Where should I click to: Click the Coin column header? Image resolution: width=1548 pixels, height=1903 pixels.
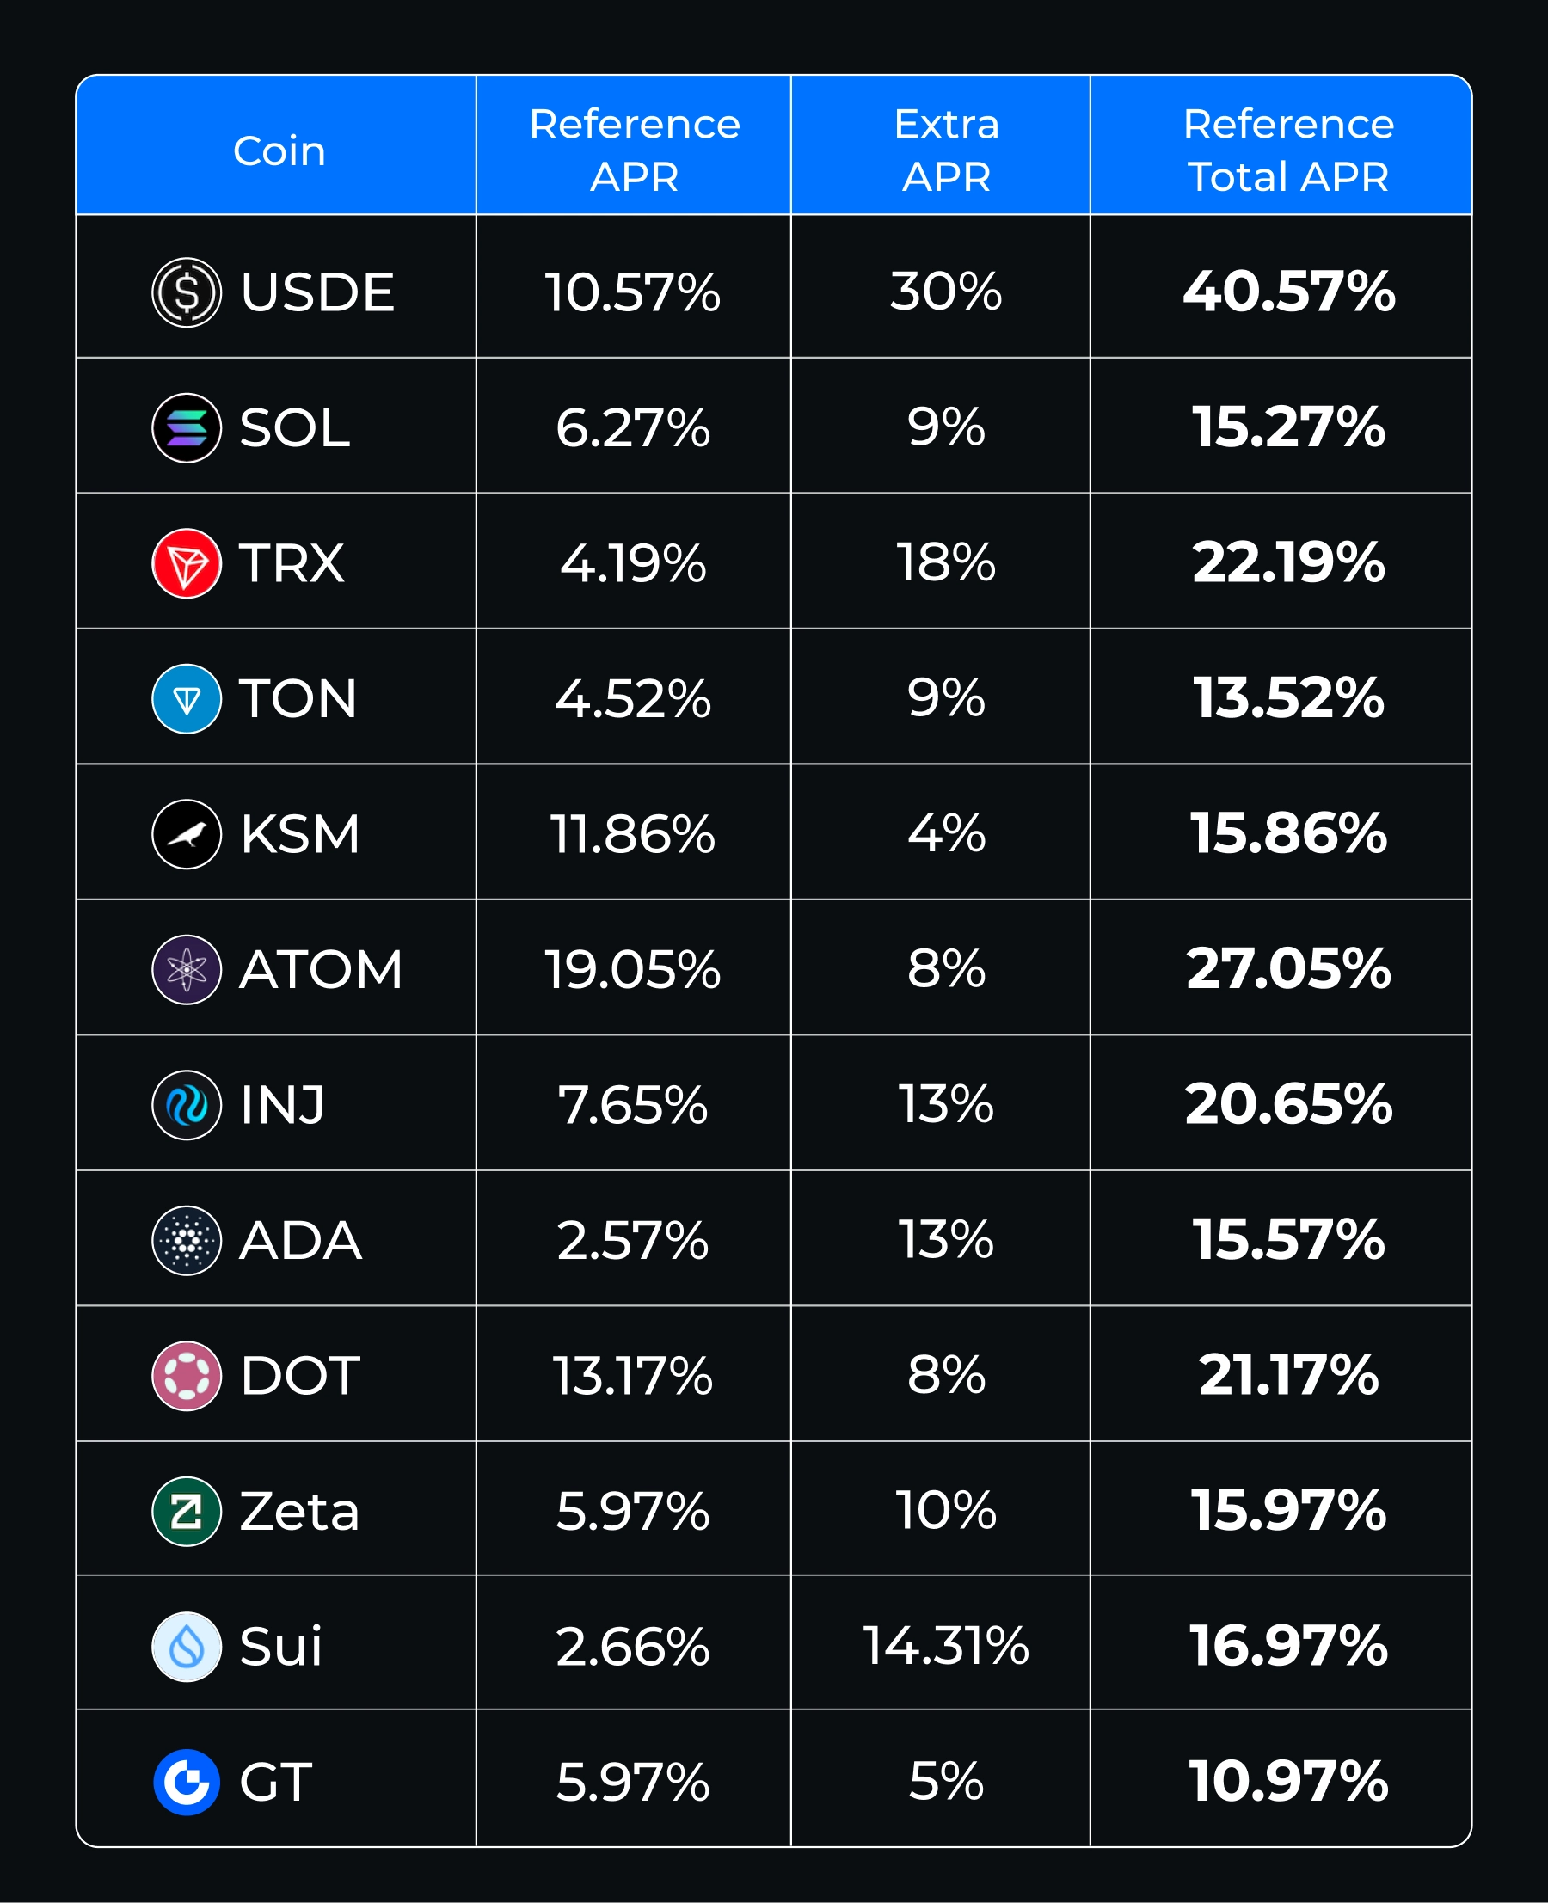click(x=279, y=150)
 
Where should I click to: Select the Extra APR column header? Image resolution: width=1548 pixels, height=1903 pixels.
click(x=946, y=150)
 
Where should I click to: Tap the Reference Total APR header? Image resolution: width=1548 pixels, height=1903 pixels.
click(x=1287, y=150)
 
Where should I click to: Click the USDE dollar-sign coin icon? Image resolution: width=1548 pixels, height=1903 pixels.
click(x=187, y=292)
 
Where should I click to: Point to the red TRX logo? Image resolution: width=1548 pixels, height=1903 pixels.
click(x=187, y=563)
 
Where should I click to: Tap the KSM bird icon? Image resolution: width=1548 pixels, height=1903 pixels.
click(x=187, y=835)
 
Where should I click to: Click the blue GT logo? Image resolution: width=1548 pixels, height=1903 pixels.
click(x=187, y=1782)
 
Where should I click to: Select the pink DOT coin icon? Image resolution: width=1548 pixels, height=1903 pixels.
click(x=187, y=1376)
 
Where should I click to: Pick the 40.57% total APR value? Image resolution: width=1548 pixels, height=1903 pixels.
click(x=1288, y=292)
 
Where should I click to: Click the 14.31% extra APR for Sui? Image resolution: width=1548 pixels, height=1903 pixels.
click(x=946, y=1645)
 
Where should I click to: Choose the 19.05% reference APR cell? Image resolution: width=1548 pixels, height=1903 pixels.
click(x=632, y=969)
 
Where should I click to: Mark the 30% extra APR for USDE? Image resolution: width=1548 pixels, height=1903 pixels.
click(x=946, y=292)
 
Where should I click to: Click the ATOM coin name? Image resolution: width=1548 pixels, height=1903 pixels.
click(x=321, y=969)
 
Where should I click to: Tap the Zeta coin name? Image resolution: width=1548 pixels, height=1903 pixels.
click(x=299, y=1512)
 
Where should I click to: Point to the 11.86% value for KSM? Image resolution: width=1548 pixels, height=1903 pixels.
click(x=632, y=835)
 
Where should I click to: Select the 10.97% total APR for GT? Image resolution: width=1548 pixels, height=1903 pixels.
click(x=1288, y=1781)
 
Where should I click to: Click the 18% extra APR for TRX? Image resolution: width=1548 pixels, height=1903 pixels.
click(x=946, y=562)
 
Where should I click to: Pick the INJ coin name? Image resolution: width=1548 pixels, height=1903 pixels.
click(x=283, y=1105)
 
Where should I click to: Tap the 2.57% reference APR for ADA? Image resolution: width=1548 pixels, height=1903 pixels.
click(x=632, y=1240)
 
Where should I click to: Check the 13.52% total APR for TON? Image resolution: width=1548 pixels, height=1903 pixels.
click(x=1288, y=698)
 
